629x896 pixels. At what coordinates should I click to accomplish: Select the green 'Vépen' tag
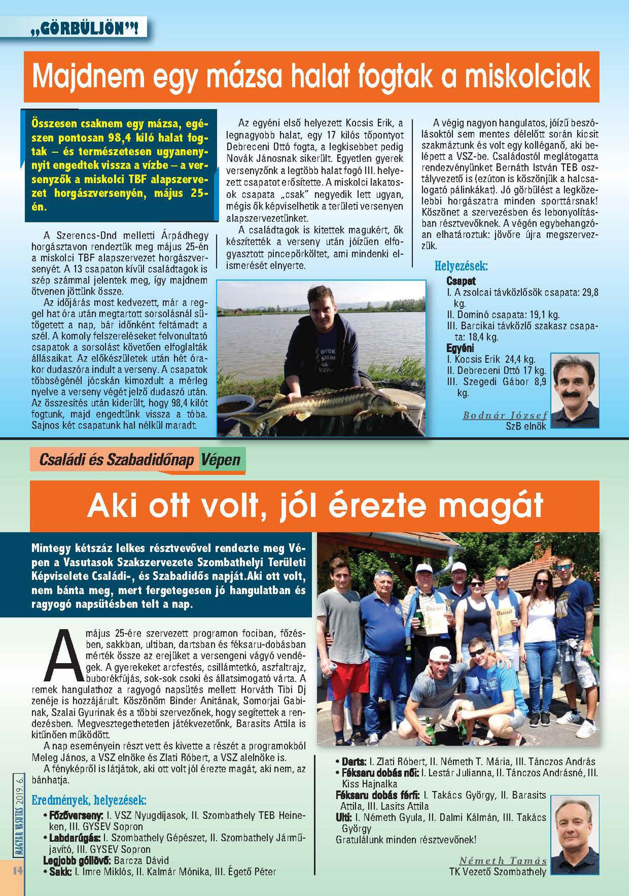point(221,460)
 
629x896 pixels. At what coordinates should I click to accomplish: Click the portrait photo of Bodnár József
point(574,390)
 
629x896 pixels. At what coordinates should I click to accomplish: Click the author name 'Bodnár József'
point(505,415)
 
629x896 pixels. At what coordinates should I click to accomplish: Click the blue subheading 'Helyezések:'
point(461,266)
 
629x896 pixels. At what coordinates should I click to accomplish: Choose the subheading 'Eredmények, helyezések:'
point(89,800)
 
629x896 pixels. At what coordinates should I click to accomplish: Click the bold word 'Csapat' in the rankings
point(461,281)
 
